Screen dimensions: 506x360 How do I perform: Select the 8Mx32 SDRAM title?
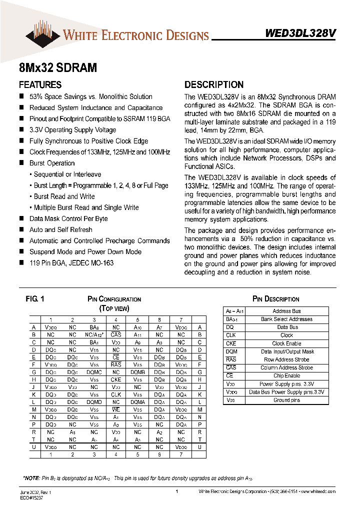(x=57, y=67)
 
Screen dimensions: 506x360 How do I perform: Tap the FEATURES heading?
(x=40, y=85)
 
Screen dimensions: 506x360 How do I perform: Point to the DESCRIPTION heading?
(x=214, y=85)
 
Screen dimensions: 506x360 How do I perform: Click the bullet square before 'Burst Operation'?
(x=21, y=163)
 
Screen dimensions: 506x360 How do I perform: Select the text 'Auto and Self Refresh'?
(x=60, y=229)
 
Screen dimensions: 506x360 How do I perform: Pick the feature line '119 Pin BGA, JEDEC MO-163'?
(x=71, y=262)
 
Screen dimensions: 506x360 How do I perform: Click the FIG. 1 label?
(x=35, y=299)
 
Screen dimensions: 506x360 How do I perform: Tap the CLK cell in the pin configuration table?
(x=116, y=394)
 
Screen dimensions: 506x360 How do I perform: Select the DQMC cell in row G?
(x=94, y=372)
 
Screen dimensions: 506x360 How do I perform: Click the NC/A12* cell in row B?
(x=94, y=334)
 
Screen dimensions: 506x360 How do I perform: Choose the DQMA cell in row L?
(x=137, y=401)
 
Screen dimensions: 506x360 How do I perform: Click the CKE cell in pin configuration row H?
(x=116, y=379)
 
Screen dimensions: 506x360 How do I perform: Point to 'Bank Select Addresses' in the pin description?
(x=286, y=319)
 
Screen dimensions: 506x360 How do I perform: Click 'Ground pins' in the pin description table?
(x=286, y=400)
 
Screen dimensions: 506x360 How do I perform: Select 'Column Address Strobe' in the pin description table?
(x=286, y=367)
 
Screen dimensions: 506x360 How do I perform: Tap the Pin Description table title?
(x=275, y=299)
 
